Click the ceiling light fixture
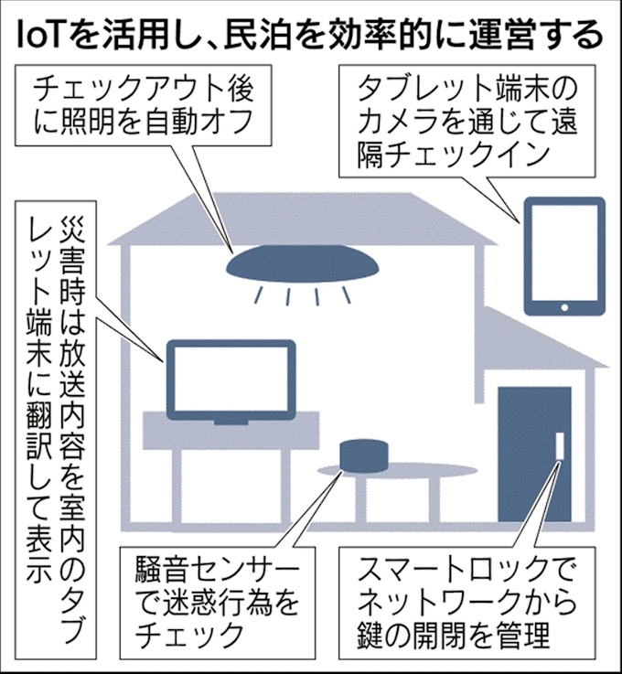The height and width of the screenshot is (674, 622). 303,263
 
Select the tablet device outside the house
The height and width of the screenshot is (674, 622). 564,256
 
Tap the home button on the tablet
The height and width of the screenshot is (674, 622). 564,307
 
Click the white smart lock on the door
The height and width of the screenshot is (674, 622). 560,445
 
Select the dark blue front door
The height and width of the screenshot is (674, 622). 534,454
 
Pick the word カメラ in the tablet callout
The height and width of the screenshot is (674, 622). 396,122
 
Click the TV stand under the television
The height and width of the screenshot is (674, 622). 231,430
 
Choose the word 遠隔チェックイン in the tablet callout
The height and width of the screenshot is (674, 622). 453,155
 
